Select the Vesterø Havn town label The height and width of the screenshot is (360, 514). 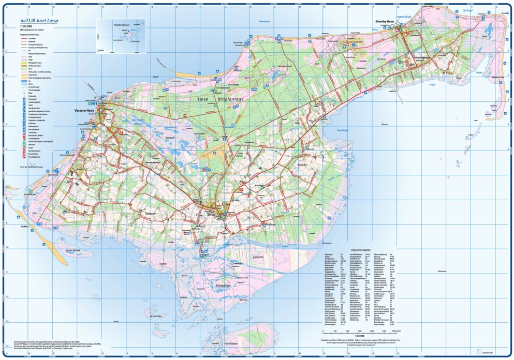tap(83, 111)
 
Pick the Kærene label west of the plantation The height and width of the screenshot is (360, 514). tap(170, 137)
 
